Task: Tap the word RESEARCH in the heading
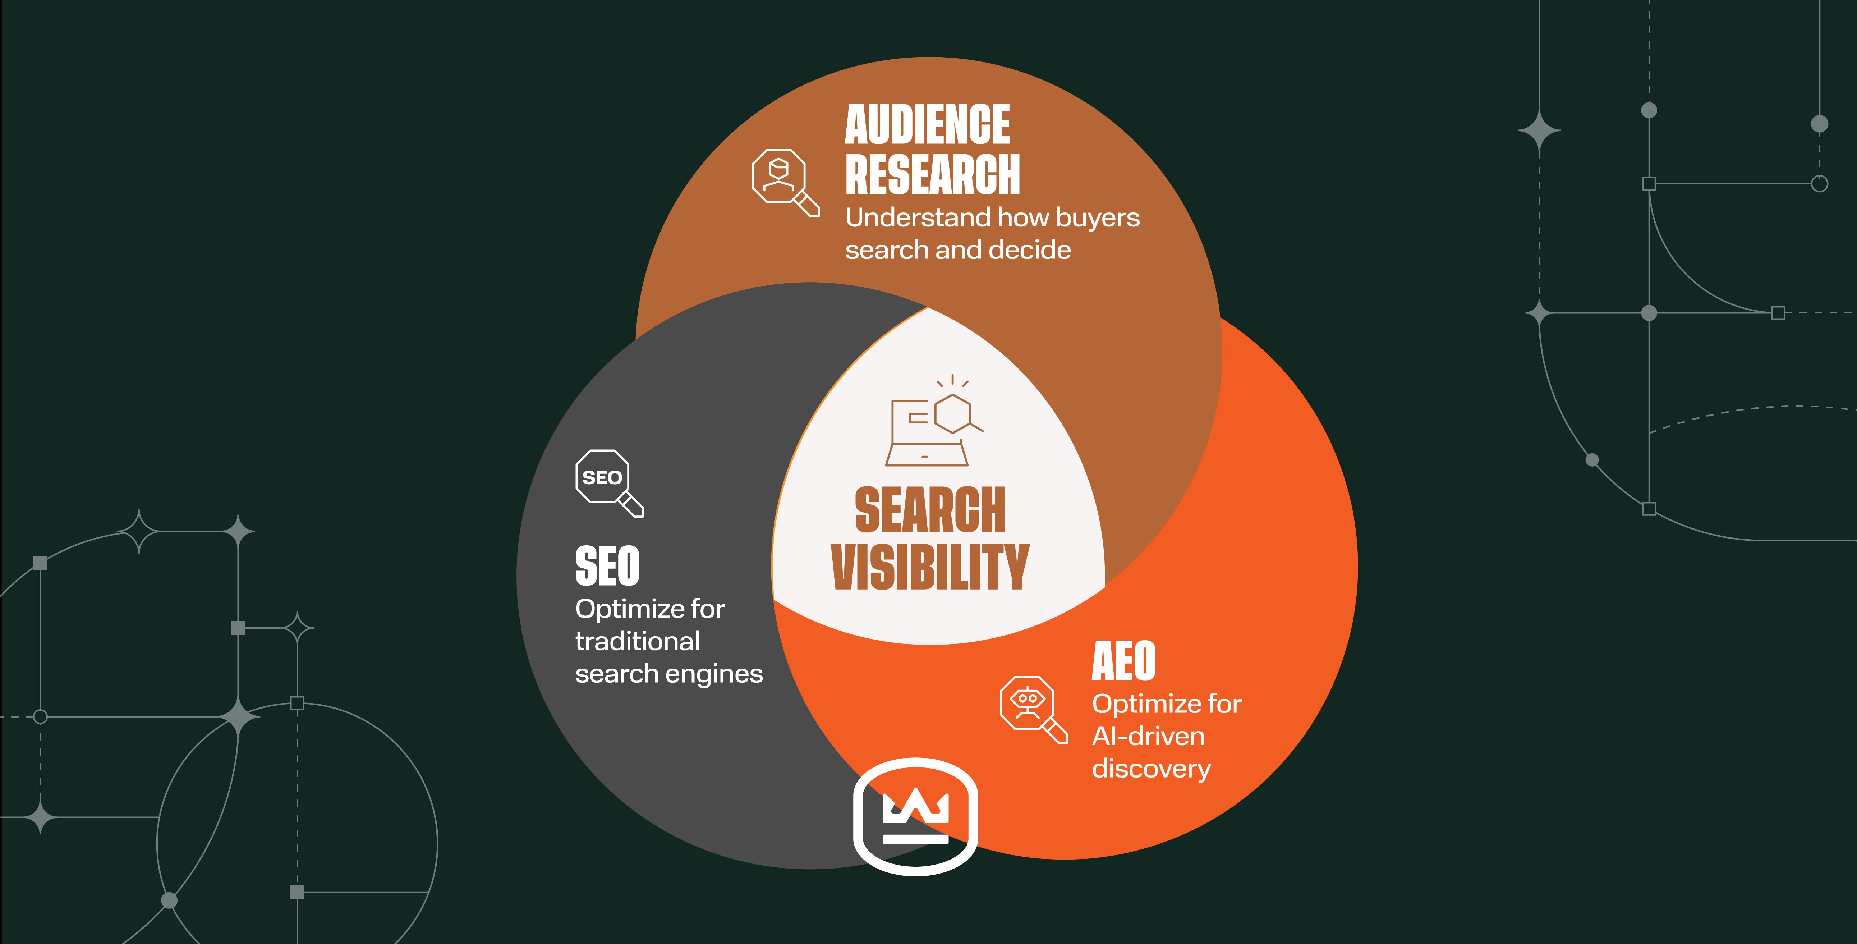coord(932,174)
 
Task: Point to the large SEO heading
coord(607,567)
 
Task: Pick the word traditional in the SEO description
coord(637,641)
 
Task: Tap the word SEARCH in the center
coord(930,510)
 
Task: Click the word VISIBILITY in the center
coord(930,568)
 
